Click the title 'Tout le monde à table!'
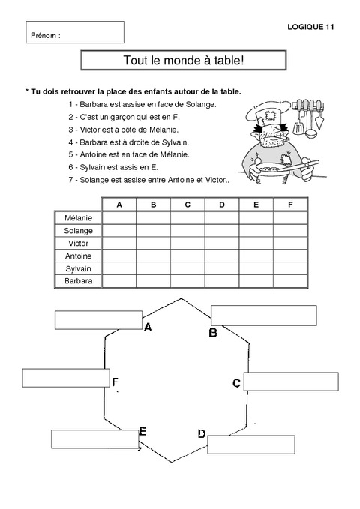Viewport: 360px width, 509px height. coord(182,60)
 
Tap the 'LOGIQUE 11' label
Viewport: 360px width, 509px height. coord(310,27)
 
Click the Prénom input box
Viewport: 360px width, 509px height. coord(76,31)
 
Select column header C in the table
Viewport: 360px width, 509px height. coord(187,205)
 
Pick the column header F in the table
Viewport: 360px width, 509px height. coord(290,205)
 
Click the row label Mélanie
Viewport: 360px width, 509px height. coord(78,217)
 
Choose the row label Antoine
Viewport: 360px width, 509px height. coord(78,256)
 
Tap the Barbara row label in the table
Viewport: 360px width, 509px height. coord(78,281)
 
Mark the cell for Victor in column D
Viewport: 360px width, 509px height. coord(221,243)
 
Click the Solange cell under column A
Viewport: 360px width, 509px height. coord(118,230)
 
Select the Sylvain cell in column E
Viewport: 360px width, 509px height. coord(256,268)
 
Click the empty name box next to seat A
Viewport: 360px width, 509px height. coord(98,319)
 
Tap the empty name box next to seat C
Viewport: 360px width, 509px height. coord(281,381)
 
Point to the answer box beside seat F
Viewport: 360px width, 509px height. coord(66,378)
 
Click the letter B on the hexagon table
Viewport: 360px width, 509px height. coord(213,333)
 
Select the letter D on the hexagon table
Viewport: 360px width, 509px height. coord(201,434)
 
